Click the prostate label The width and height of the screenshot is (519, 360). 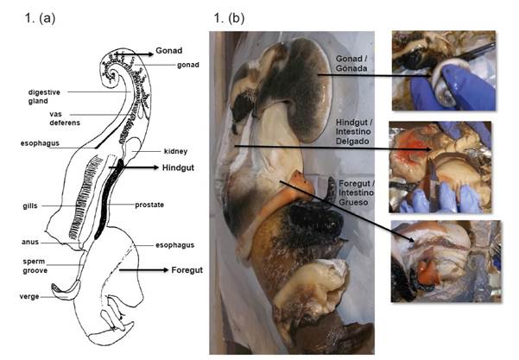click(x=174, y=205)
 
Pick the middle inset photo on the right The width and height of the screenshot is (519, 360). click(x=444, y=167)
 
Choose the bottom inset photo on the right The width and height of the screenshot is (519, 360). click(x=444, y=261)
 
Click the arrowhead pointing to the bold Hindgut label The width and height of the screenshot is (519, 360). click(x=153, y=167)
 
